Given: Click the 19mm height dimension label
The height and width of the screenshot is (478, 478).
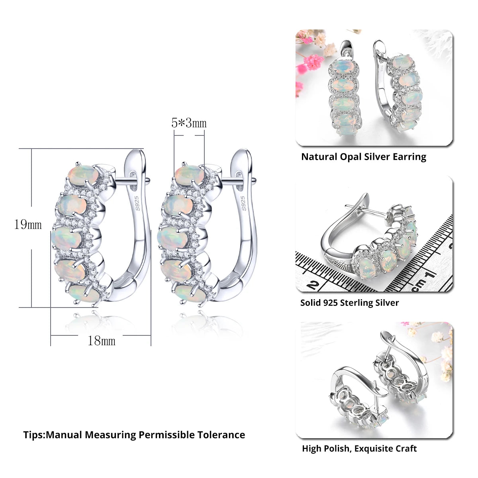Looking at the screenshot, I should coord(28,225).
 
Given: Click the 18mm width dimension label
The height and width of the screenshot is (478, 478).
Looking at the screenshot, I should coord(102,341).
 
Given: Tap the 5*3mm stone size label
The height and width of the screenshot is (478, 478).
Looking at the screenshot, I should coord(189,123).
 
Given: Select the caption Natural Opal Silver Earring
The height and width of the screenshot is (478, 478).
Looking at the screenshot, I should coord(363,157).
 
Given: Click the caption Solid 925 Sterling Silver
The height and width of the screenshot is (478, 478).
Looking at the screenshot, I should coord(349,303).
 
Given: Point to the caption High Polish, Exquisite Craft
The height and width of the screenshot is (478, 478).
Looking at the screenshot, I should coord(359,449).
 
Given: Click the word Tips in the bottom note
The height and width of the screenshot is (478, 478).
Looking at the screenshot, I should coord(33,435).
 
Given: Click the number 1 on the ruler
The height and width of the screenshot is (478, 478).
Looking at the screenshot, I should coord(430,274).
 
